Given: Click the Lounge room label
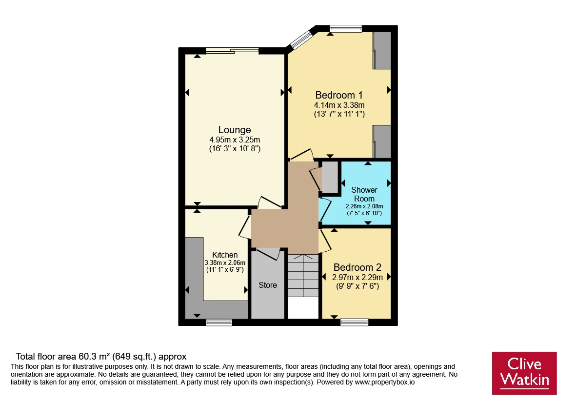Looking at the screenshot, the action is [x=235, y=130].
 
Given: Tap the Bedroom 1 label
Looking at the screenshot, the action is [x=338, y=95].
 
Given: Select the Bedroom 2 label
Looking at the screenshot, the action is [x=357, y=267].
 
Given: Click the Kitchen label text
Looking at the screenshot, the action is [x=225, y=255].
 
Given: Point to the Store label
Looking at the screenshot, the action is [x=267, y=285].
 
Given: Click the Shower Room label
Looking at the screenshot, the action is [x=364, y=194].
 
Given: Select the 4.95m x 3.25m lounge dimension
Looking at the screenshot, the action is [x=235, y=140].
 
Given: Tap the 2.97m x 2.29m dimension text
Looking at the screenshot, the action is [x=358, y=277].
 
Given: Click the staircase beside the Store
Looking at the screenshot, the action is [x=303, y=276].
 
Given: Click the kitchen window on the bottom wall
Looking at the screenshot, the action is [x=219, y=322].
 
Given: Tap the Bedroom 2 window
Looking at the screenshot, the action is [x=354, y=322].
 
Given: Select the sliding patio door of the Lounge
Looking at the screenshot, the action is [x=232, y=51].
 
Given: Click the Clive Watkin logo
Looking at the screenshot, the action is [x=524, y=373].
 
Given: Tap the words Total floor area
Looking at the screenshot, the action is [x=46, y=356].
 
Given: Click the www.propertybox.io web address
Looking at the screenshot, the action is [x=385, y=382].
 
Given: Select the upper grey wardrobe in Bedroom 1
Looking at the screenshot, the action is [x=382, y=50].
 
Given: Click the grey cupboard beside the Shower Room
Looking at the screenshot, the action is [x=330, y=177].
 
